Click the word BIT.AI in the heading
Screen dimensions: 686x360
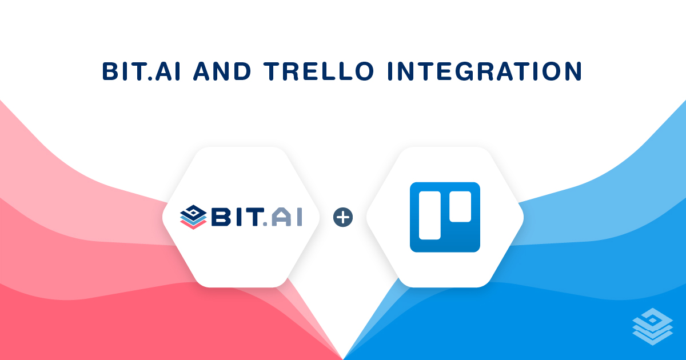tap(142, 71)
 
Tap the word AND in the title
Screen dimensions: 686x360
tap(222, 71)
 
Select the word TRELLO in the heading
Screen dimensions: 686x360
tap(319, 71)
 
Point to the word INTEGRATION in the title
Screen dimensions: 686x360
tap(485, 71)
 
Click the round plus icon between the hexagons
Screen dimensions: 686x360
tap(343, 217)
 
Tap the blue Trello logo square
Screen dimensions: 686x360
tap(445, 217)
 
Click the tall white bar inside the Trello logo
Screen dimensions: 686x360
tap(430, 215)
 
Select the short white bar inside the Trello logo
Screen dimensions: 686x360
tap(460, 206)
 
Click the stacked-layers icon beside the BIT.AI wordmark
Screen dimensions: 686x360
tap(193, 217)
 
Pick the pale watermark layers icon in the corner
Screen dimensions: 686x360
tap(653, 326)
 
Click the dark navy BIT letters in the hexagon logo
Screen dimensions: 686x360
tap(238, 217)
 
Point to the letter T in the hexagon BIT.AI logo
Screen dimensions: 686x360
tap(254, 217)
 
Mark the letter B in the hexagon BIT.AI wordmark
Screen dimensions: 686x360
tap(220, 217)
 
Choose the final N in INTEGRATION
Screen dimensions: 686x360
tap(573, 71)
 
